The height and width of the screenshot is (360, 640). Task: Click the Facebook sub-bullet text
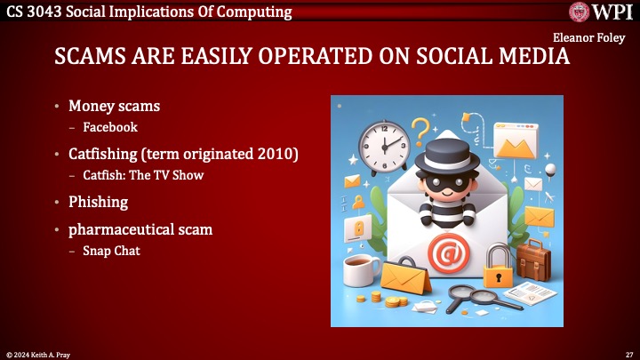110,127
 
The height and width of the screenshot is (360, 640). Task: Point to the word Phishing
99,201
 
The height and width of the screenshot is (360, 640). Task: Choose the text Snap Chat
111,251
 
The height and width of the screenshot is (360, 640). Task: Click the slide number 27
628,354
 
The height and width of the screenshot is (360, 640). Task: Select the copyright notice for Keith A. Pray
36,354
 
